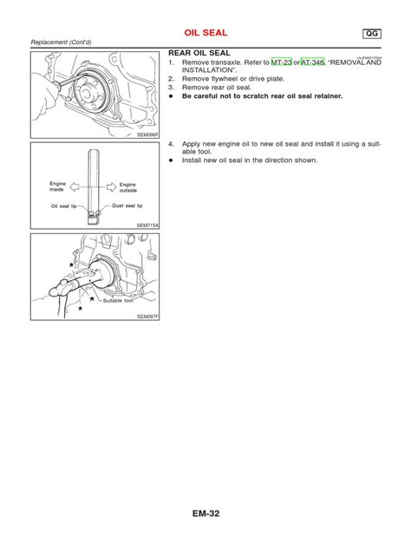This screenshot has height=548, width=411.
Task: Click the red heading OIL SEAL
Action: click(x=205, y=33)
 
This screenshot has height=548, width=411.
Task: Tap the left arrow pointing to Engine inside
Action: click(x=78, y=184)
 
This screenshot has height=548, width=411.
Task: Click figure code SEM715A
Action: click(x=148, y=225)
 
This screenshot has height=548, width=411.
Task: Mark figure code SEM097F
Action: click(x=148, y=317)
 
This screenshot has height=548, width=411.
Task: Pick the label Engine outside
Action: click(x=127, y=186)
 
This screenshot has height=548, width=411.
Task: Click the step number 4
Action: click(x=172, y=144)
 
